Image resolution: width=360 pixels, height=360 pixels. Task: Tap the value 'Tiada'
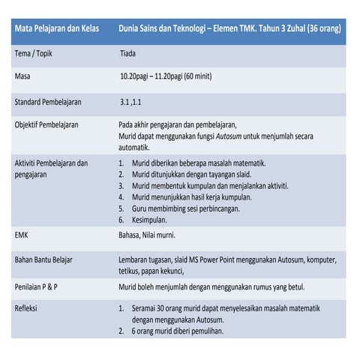[130, 54]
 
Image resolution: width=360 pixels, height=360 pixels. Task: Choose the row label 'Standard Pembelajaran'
[48, 101]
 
